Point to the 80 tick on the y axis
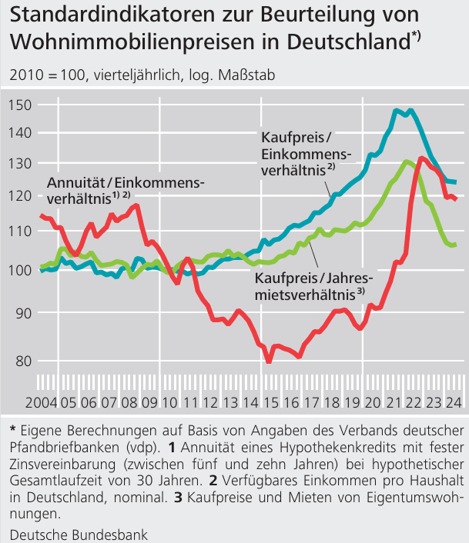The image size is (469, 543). coord(19,361)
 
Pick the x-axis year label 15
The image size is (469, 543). coord(270,403)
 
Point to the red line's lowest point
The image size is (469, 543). coord(269,361)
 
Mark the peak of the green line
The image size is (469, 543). coord(407,161)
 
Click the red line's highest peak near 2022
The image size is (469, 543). coord(421,158)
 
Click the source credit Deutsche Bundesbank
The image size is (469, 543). coord(79,533)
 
